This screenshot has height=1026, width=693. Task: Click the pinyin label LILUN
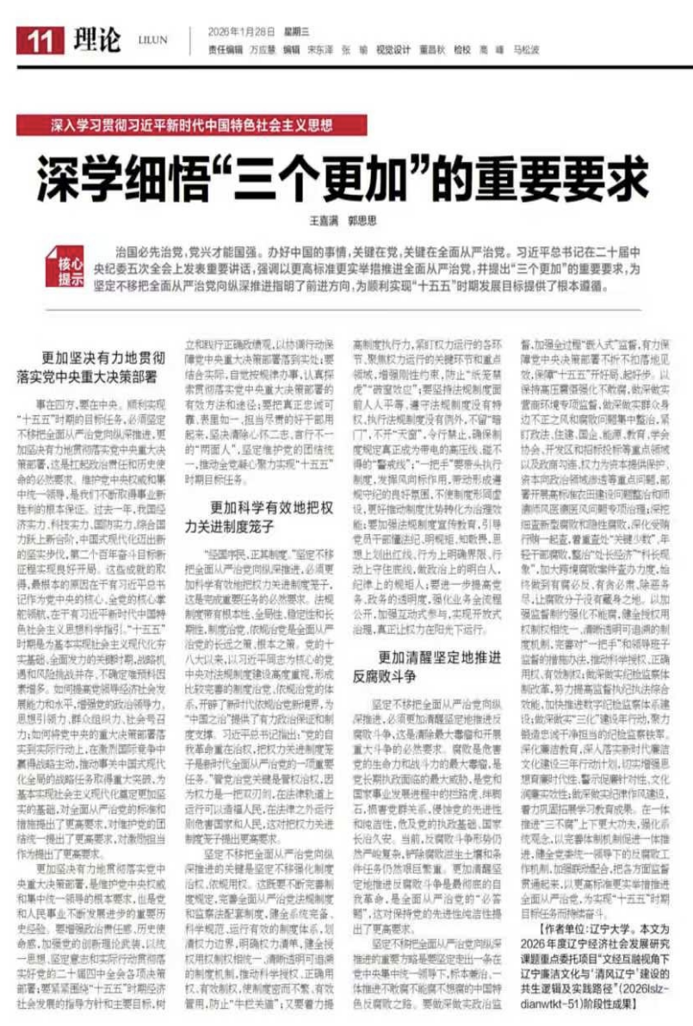pyautogui.click(x=152, y=40)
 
